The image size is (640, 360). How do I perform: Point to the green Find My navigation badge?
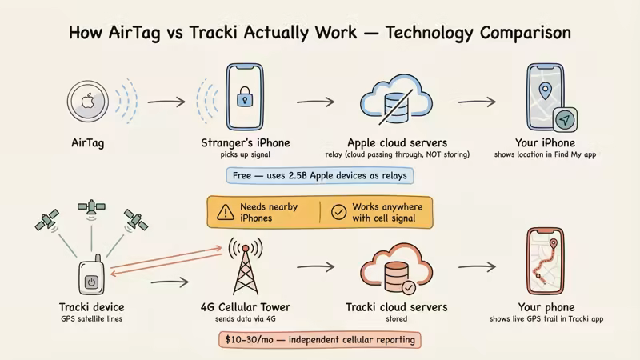(x=565, y=121)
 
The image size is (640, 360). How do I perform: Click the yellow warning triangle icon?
(x=224, y=213)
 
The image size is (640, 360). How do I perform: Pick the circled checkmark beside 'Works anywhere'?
(x=339, y=213)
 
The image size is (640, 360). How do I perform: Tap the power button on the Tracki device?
(x=91, y=282)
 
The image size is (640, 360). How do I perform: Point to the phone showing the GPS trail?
(x=547, y=264)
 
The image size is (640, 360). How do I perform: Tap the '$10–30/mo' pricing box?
(x=320, y=340)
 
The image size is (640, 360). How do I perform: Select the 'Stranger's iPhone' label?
(x=245, y=143)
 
